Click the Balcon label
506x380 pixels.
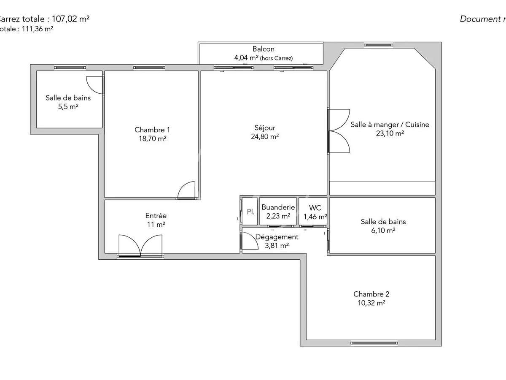[263, 49]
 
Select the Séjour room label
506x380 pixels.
[265, 128]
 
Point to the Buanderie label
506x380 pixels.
[278, 207]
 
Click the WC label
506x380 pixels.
[315, 208]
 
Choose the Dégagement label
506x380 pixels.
[277, 237]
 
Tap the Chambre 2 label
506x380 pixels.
[371, 294]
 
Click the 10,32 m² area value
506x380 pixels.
[371, 303]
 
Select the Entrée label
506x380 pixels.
[156, 216]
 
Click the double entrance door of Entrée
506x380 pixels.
[140, 245]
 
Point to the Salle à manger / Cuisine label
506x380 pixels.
[390, 125]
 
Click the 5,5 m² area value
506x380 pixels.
[68, 107]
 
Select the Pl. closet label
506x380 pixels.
[250, 211]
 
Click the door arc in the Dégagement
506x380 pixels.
[249, 242]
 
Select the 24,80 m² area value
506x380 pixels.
[265, 136]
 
